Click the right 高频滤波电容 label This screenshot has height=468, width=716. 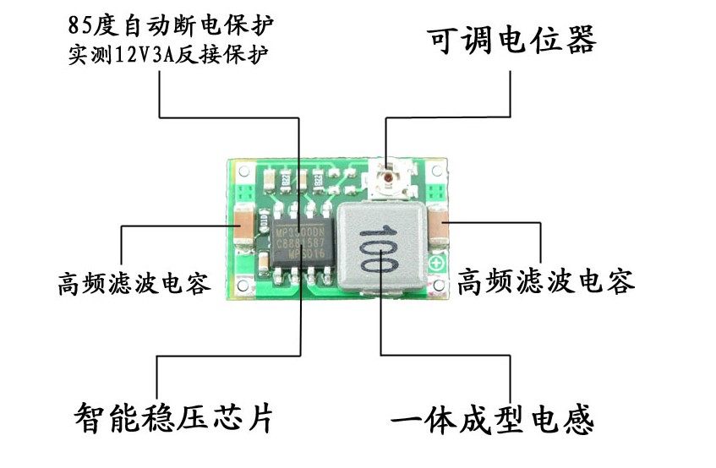click(x=545, y=281)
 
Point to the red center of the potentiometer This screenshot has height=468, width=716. click(x=388, y=179)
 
